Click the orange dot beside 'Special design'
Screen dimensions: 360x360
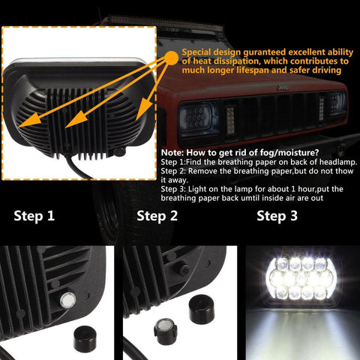[171, 55]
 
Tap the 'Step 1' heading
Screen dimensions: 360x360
[34, 217]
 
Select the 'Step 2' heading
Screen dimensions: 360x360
[157, 217]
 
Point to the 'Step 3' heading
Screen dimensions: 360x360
[277, 217]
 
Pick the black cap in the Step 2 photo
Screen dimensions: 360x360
[201, 307]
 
